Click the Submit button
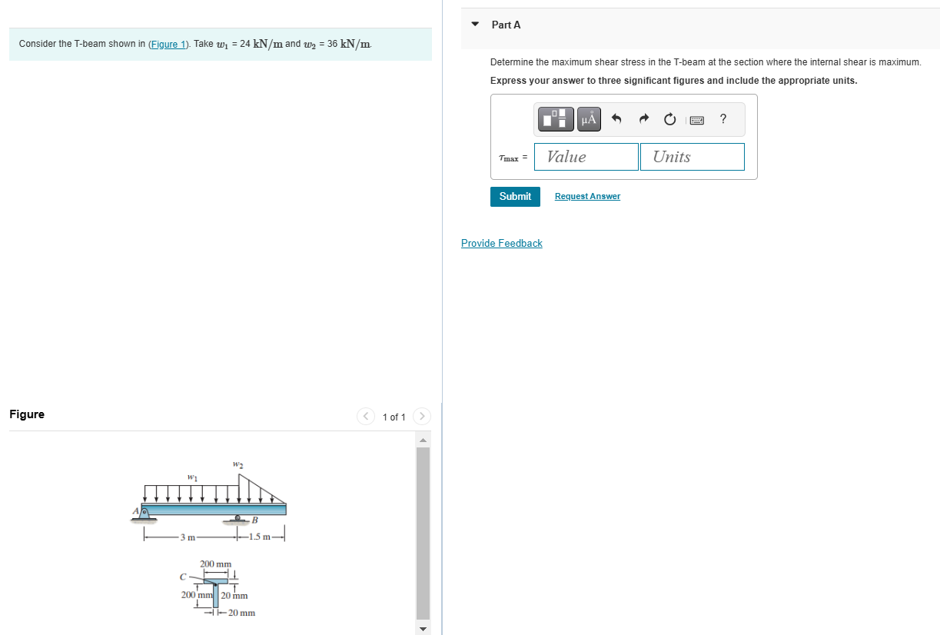click(x=515, y=197)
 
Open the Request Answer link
click(x=587, y=197)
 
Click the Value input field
click(x=586, y=157)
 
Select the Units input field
click(x=692, y=157)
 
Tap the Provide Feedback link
click(x=501, y=244)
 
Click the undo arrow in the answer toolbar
click(x=616, y=118)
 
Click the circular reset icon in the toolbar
click(x=669, y=118)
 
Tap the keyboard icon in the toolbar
click(x=697, y=119)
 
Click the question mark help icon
click(x=723, y=118)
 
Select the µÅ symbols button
click(x=589, y=118)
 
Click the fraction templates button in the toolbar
click(x=558, y=118)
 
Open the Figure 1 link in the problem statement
click(x=168, y=44)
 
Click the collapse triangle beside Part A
click(x=475, y=25)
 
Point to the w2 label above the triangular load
click(x=237, y=464)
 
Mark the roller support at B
click(x=238, y=519)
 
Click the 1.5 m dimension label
click(x=259, y=537)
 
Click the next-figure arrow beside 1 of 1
click(x=422, y=417)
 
